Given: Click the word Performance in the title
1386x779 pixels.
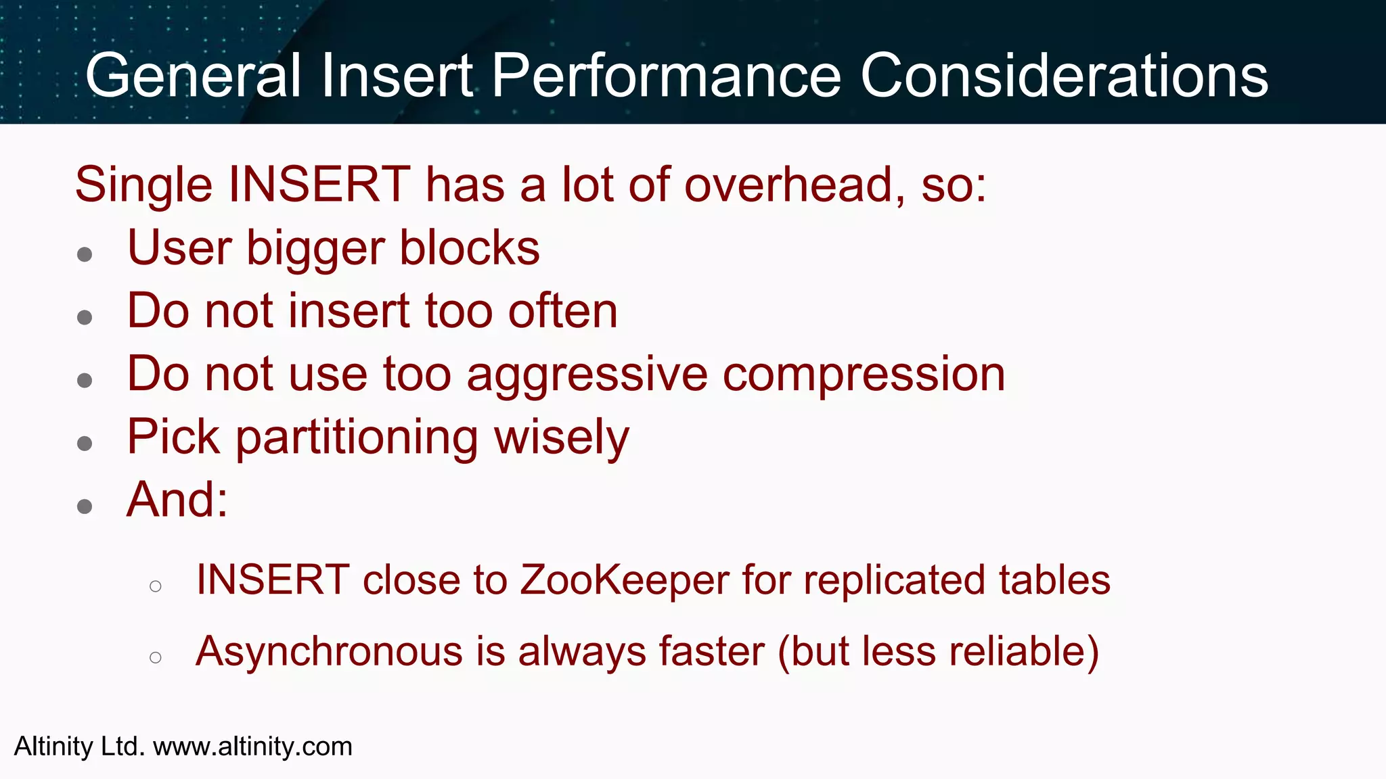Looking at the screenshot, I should click(x=666, y=76).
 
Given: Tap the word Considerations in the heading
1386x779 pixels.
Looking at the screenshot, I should click(x=1064, y=76).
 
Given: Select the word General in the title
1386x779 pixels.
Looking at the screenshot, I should click(x=193, y=76).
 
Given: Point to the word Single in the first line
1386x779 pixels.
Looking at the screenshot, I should click(x=143, y=185).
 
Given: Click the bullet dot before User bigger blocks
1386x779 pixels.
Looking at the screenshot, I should click(x=85, y=255).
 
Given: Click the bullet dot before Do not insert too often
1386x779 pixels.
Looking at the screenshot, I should click(x=85, y=318).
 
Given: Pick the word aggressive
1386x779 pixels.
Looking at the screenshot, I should click(x=587, y=375).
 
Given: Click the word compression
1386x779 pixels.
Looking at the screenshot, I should click(x=864, y=375).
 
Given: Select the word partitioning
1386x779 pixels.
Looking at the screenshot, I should click(x=357, y=438).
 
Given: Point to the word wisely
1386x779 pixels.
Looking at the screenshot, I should click(x=562, y=438).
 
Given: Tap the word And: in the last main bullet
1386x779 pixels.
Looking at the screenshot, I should click(x=177, y=500).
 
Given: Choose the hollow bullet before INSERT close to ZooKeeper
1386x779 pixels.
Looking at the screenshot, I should click(x=156, y=586).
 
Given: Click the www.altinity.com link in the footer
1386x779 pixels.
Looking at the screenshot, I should click(x=252, y=747).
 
